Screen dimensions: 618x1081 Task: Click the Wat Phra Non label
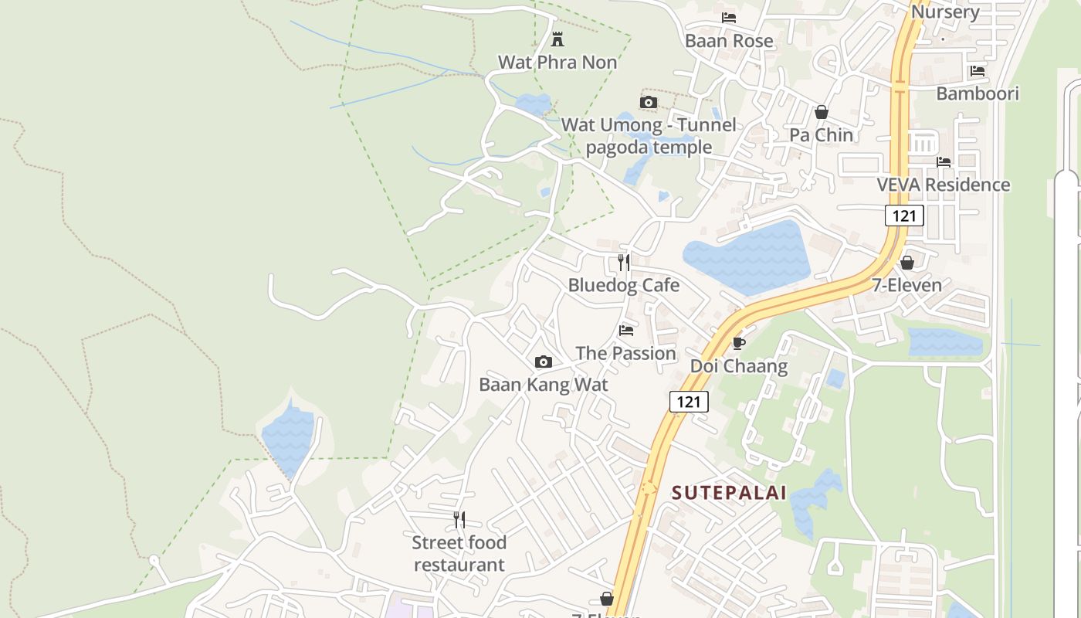pos(557,62)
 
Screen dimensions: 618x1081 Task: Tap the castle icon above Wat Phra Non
pos(557,39)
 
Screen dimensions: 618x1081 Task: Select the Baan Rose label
pos(729,40)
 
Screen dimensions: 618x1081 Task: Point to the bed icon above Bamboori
pos(978,71)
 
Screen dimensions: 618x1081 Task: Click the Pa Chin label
pos(821,135)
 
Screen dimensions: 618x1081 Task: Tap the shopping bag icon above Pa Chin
pos(822,113)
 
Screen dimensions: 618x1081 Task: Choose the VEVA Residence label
pos(943,185)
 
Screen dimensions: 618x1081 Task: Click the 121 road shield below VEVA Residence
pos(904,216)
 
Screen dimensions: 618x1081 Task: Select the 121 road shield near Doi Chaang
pos(688,402)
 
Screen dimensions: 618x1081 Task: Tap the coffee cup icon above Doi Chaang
pos(738,343)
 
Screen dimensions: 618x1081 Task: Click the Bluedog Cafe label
pos(623,285)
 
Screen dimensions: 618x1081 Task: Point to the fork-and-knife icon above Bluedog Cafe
pos(623,263)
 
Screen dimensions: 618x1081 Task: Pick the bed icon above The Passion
pos(625,331)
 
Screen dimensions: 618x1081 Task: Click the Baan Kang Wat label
pos(544,385)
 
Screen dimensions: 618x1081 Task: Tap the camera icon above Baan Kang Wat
pos(543,362)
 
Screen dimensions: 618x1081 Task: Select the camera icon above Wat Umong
pos(649,102)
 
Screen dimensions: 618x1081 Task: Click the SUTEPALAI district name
pos(729,493)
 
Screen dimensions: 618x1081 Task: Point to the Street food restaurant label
pos(459,554)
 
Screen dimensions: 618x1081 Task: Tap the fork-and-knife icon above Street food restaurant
pos(459,519)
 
